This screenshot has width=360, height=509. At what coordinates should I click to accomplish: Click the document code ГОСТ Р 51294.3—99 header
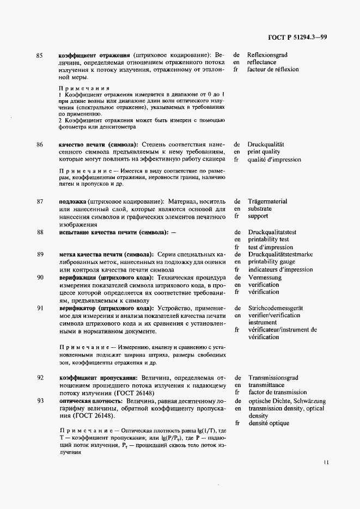(297, 37)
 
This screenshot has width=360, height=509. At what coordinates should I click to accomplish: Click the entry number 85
(39, 56)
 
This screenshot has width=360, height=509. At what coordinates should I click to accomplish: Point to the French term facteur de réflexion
(273, 70)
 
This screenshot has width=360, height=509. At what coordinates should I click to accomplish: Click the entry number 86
(39, 145)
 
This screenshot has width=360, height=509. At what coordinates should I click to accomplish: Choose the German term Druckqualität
(266, 145)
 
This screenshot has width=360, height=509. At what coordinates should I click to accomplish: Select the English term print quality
(264, 152)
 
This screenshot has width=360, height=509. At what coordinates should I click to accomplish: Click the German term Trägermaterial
(267, 201)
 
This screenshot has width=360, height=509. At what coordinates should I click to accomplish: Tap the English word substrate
(260, 208)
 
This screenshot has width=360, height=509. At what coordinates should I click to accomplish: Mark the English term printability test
(269, 239)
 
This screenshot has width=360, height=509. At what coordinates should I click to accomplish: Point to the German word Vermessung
(265, 277)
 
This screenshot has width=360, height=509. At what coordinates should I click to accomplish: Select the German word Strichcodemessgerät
(276, 308)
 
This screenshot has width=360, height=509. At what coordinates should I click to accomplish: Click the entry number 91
(39, 308)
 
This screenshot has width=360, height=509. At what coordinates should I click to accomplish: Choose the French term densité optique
(269, 423)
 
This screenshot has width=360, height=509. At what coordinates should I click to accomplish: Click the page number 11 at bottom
(325, 463)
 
